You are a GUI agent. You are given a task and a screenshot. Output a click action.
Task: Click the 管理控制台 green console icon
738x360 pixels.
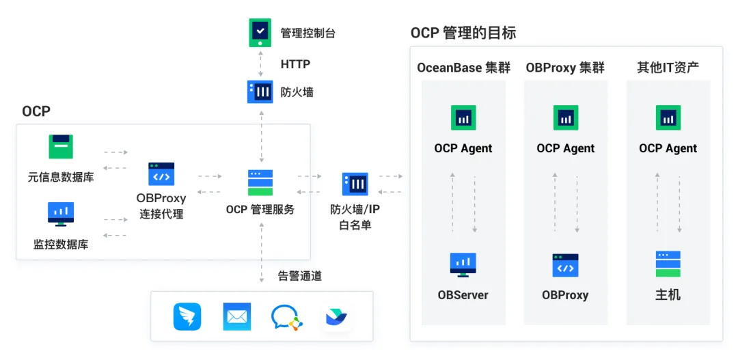(260, 32)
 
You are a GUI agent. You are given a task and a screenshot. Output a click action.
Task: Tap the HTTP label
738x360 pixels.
(295, 64)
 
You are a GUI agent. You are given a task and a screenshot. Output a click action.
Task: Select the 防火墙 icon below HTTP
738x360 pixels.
(260, 92)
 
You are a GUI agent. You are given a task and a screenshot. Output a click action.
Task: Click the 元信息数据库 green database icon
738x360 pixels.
(60, 147)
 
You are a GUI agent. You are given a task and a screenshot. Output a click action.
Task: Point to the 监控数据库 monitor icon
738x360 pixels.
(60, 214)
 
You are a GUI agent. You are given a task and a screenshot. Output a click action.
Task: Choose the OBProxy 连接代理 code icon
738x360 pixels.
(161, 175)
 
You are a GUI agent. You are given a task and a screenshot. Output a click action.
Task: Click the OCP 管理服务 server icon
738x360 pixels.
(260, 182)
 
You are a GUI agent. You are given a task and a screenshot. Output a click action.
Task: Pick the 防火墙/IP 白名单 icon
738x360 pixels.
(355, 184)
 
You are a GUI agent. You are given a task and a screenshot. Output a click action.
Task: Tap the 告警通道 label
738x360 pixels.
(299, 276)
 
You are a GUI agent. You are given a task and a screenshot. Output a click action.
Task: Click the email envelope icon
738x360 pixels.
(237, 316)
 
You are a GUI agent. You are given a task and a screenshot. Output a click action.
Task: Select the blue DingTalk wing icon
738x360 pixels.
(187, 316)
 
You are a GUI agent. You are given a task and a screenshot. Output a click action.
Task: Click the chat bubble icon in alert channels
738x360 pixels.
(286, 317)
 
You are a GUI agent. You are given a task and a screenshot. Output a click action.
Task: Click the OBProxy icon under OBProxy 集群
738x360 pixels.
(565, 265)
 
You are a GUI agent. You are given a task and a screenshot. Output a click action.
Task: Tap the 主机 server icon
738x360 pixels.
(668, 264)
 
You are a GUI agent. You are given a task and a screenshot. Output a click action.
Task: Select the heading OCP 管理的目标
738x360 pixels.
(463, 32)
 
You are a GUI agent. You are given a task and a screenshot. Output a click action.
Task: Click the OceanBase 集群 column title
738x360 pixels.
(463, 68)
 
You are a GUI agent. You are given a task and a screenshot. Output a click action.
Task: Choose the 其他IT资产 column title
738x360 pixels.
(668, 68)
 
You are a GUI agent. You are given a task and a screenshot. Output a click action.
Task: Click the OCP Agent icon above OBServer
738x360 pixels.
(463, 118)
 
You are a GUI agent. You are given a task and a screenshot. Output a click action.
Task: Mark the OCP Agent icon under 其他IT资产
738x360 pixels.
(668, 118)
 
